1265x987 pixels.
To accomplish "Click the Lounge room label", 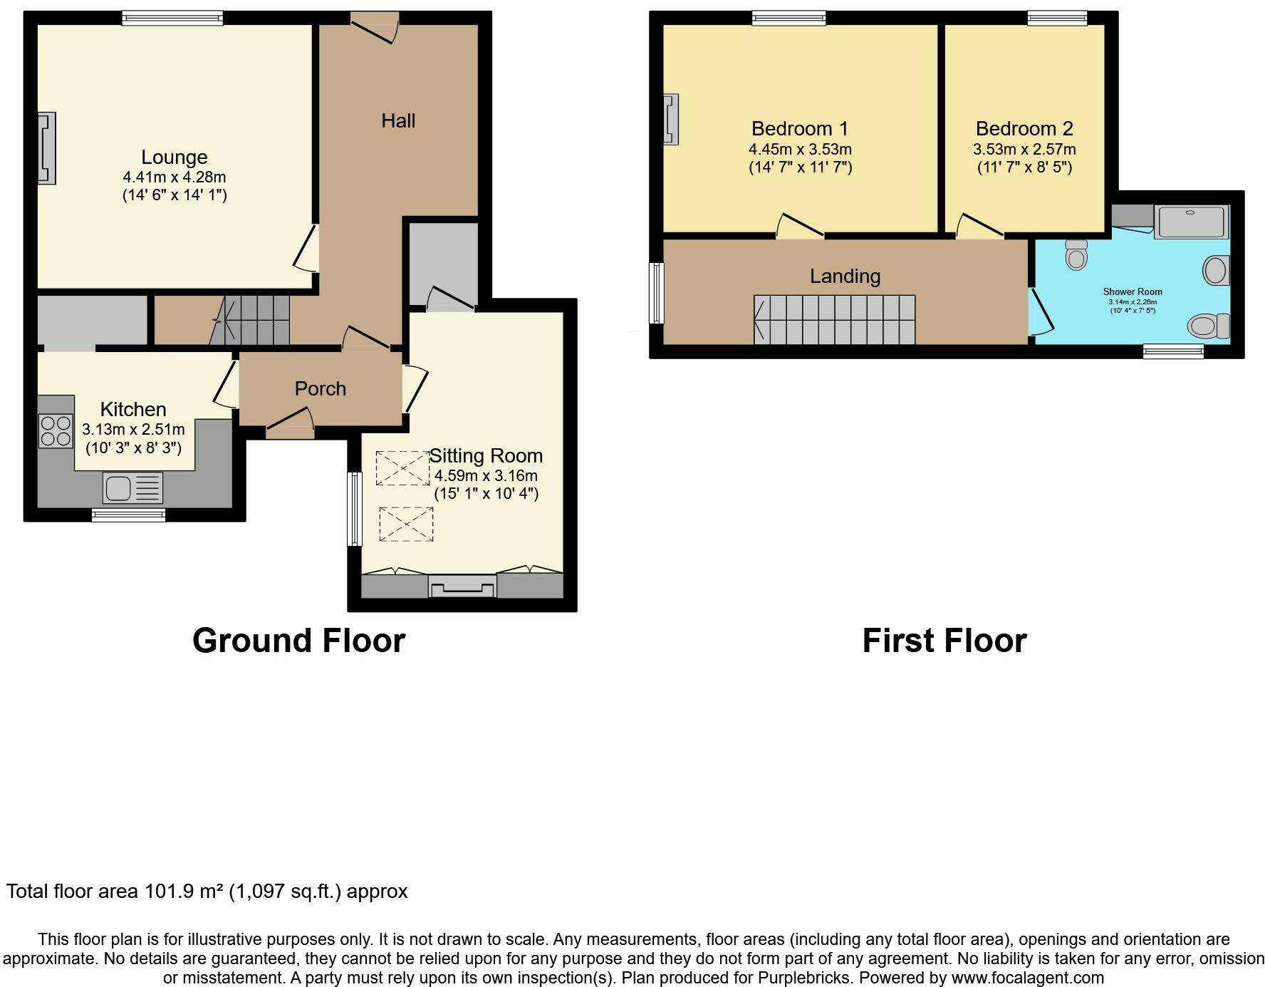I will coord(174,157).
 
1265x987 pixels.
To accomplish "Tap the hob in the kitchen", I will coord(56,430).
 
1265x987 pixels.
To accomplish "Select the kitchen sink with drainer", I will coord(133,488).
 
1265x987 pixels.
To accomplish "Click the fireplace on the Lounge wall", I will coord(47,148).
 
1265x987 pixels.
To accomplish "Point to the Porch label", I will coord(320,388).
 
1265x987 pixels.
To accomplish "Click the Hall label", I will coord(398,120).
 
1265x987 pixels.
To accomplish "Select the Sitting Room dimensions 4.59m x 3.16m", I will coord(486,475).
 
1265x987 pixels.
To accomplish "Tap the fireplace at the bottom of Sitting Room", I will coord(462,586).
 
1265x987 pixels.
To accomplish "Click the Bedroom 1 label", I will coord(799,128).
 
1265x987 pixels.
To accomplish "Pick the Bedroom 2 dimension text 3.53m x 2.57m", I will coord(1024,150).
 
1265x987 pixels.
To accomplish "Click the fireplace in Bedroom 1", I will coord(671,119).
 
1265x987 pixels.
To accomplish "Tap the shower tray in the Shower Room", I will coord(1191,222).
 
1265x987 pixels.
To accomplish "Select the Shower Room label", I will coord(1132,291).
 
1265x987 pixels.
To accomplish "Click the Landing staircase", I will coord(834,320).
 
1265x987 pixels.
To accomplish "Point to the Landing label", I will coord(845,276).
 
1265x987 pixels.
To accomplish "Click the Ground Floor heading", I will coord(298,640).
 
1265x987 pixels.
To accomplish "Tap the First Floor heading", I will coord(944,640).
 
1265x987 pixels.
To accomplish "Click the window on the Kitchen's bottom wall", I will coord(129,515).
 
